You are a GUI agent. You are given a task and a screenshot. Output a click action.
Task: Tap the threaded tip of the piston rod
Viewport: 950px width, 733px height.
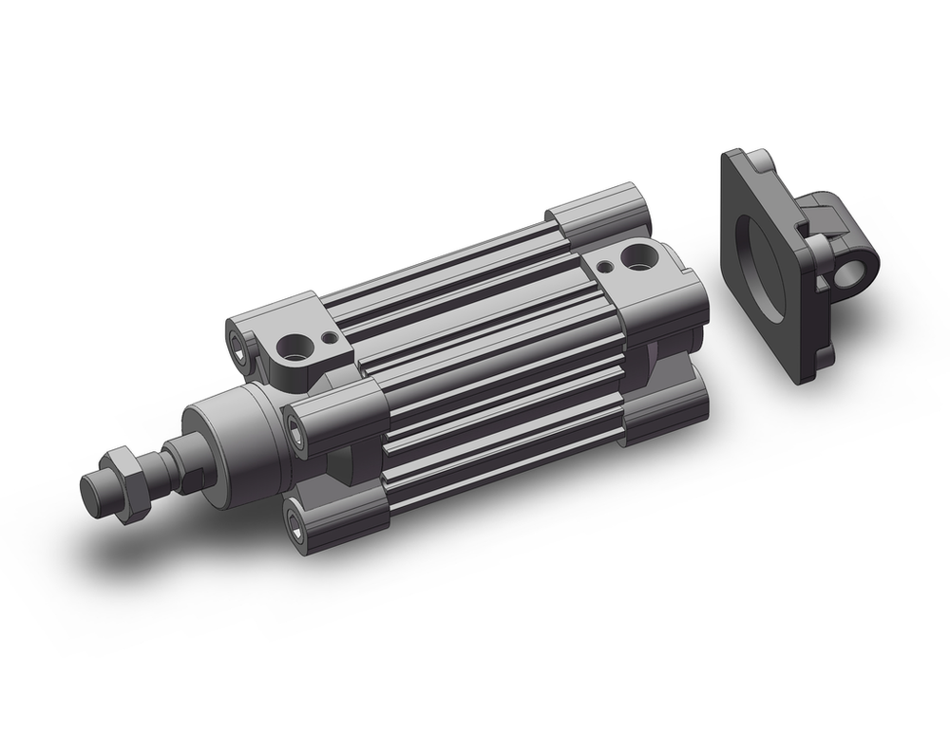tap(93, 490)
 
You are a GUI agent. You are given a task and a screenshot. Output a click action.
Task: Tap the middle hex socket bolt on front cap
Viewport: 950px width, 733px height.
tap(300, 438)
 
